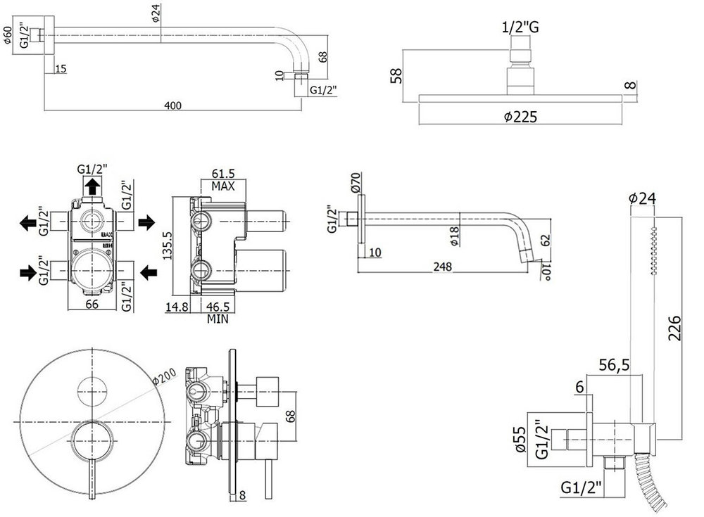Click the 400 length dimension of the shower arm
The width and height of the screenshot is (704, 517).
pyautogui.click(x=173, y=106)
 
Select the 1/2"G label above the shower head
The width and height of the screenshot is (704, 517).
pyautogui.click(x=521, y=28)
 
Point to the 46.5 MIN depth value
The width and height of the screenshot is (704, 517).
pyautogui.click(x=218, y=307)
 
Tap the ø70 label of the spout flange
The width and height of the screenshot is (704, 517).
pyautogui.click(x=355, y=185)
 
